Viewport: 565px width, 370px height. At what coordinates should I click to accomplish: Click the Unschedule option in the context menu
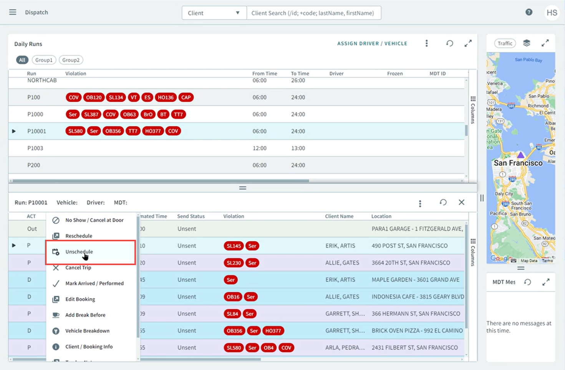[x=79, y=252]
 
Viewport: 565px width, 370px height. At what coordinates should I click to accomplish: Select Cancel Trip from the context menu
[x=78, y=267]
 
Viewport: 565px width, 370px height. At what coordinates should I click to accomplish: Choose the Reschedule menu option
[x=79, y=236]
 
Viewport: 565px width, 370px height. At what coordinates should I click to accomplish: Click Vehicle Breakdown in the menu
[x=87, y=331]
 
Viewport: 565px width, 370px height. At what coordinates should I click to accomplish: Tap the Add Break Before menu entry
[x=85, y=315]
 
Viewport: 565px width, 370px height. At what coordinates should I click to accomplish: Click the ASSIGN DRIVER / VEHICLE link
[x=372, y=43]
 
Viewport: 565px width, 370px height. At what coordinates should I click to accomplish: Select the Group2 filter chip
[x=71, y=60]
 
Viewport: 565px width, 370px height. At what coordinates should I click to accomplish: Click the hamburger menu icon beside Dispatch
[x=13, y=12]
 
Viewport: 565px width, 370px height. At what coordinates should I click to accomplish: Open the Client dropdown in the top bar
[x=214, y=13]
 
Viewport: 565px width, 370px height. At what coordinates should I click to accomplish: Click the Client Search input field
[x=313, y=13]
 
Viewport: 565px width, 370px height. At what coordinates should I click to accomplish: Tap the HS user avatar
[x=552, y=13]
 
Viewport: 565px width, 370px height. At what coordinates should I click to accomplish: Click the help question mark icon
[x=529, y=12]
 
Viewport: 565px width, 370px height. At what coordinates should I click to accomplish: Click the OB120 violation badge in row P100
[x=94, y=98]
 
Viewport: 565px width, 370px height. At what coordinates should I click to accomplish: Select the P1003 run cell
[x=35, y=148]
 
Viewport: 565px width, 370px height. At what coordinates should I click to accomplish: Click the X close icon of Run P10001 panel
[x=461, y=202]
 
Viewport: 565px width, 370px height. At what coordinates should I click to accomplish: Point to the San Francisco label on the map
[x=518, y=163]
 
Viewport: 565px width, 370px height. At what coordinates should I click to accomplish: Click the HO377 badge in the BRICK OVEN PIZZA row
[x=273, y=331]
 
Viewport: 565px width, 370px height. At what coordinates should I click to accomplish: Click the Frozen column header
[x=394, y=73]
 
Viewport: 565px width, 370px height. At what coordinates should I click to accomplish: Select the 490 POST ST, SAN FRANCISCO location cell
[x=409, y=246]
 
